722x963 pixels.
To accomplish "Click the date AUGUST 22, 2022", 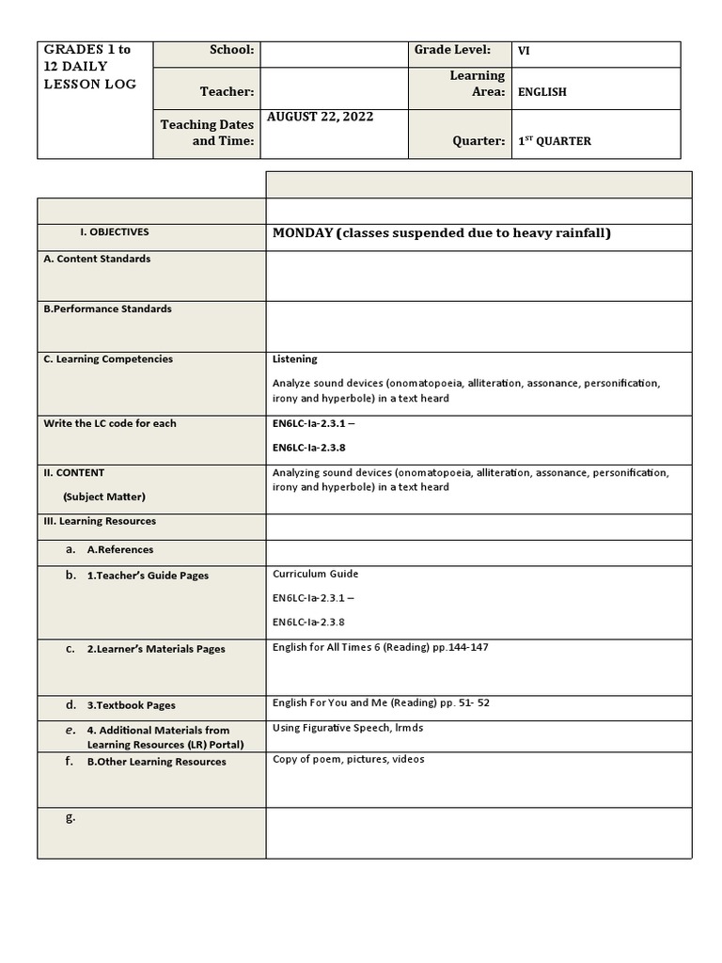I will [x=321, y=117].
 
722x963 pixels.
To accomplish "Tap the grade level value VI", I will [x=524, y=52].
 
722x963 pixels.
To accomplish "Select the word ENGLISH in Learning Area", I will [x=542, y=92].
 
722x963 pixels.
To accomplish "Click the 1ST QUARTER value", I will [x=555, y=141].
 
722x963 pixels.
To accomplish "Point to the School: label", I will [x=231, y=50].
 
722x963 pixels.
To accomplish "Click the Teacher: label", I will [x=227, y=91].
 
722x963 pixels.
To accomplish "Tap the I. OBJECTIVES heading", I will [x=115, y=232].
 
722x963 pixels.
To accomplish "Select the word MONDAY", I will [x=303, y=232].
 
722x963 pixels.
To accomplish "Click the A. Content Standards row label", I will [x=97, y=259].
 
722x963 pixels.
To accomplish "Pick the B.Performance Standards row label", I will [x=107, y=308].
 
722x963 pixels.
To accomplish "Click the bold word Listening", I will [x=295, y=358].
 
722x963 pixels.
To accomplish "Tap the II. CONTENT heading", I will [x=74, y=473].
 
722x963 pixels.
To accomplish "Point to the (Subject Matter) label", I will [x=104, y=497].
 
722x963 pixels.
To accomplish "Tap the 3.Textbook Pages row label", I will [x=131, y=705].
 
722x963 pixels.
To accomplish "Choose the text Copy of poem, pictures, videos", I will [x=348, y=759].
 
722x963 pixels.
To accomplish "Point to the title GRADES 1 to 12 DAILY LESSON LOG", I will [x=90, y=67].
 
